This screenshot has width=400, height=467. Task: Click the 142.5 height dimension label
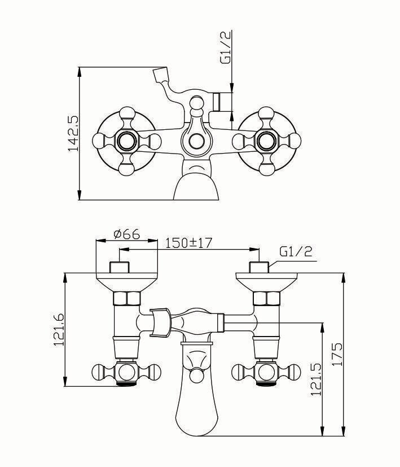[73, 134]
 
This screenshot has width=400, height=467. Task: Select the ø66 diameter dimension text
[126, 233]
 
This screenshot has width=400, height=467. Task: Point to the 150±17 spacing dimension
[188, 243]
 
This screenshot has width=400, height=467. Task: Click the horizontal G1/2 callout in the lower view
[296, 252]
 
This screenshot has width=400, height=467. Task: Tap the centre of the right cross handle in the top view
[265, 140]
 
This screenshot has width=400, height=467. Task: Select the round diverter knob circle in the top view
[196, 141]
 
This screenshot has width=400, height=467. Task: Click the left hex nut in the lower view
[127, 299]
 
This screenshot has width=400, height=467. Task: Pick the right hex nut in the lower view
[266, 299]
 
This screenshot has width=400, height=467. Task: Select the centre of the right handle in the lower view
[265, 372]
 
